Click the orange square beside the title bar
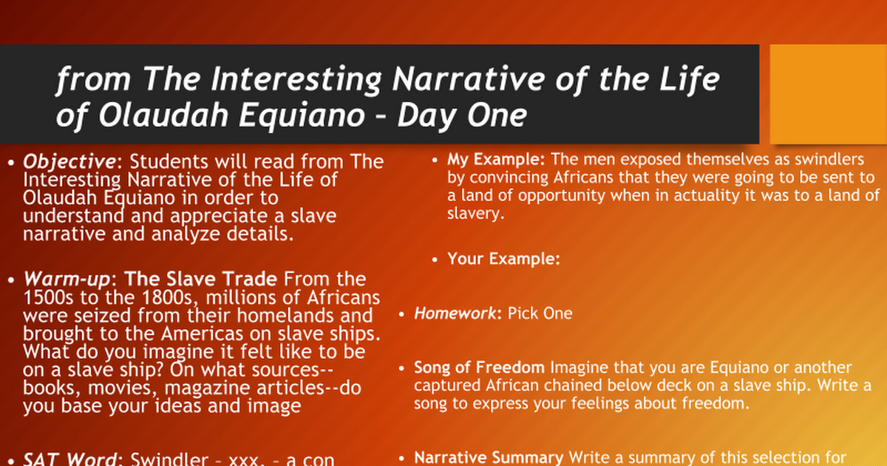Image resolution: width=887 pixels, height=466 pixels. click(828, 94)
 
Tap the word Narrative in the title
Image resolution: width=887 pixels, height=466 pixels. click(469, 79)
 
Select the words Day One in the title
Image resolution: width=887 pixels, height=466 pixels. click(462, 115)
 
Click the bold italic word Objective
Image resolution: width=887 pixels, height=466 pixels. click(69, 162)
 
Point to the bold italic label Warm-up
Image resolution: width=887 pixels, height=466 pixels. click(67, 279)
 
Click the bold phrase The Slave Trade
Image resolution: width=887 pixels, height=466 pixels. click(201, 279)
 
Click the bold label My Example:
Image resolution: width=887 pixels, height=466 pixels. click(496, 160)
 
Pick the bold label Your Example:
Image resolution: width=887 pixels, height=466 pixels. click(503, 259)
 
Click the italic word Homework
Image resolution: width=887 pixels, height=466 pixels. click(455, 314)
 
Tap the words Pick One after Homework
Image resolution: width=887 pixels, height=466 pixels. click(540, 314)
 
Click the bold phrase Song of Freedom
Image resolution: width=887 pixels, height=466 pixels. click(479, 368)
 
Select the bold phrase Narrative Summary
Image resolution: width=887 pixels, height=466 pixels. click(489, 458)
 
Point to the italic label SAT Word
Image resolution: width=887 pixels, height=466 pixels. click(69, 459)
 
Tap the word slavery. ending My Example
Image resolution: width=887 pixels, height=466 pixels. click(475, 214)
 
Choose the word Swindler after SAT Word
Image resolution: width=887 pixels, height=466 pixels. click(169, 459)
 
